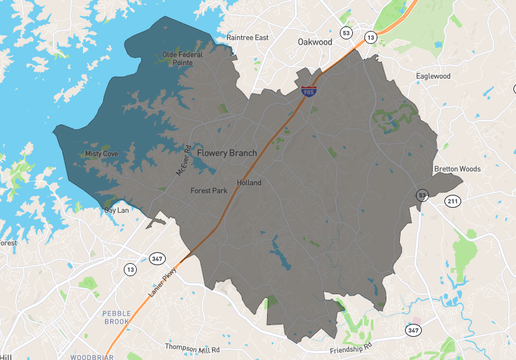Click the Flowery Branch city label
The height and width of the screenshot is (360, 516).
point(226,153)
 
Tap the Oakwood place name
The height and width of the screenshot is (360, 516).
point(315,42)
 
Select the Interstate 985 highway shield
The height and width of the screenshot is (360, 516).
point(309,92)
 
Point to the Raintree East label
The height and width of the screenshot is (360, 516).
point(247,37)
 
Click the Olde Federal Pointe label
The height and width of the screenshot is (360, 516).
point(183,59)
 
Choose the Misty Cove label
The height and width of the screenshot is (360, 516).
point(101,154)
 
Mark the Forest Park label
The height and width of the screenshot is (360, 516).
point(209,191)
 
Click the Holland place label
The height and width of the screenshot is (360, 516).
point(249,183)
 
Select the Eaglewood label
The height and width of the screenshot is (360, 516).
point(433,76)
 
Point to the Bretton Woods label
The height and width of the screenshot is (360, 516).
point(457,169)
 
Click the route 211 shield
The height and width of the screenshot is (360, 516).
point(453,202)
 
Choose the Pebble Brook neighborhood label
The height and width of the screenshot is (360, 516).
point(117,317)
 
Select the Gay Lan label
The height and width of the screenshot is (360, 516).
point(117,210)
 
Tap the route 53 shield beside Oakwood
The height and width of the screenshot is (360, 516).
point(347,33)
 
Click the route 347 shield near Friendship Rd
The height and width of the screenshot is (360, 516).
point(413,330)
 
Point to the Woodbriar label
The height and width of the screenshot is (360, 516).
point(92,356)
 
